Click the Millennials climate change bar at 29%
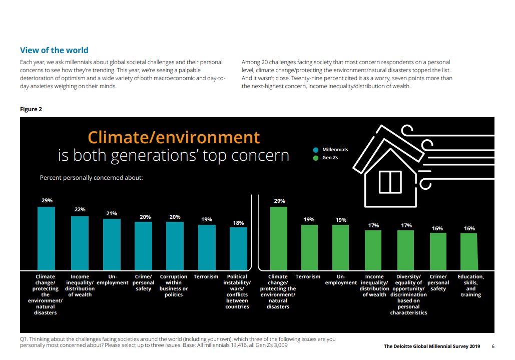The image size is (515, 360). tap(46, 238)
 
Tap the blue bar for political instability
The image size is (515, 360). tap(238, 248)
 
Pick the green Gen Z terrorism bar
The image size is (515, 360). tap(309, 247)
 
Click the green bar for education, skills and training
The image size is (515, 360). tap(469, 251)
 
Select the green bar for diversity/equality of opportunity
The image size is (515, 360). tap(405, 249)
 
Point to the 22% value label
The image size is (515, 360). tap(80, 209)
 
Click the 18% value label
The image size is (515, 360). tap(238, 222)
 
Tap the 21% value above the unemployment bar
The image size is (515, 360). tap(111, 213)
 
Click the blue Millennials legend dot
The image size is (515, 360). tap(315, 150)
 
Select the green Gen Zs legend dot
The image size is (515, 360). tap(315, 158)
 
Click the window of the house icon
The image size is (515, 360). tap(390, 181)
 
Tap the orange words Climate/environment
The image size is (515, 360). tap(174, 137)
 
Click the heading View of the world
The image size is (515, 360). tap(54, 50)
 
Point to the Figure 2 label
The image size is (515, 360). tap(31, 109)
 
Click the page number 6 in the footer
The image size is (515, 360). tap(493, 346)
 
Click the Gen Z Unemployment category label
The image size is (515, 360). tap(341, 279)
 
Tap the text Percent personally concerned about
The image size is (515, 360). tap(91, 177)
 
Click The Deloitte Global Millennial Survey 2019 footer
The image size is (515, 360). tap(431, 346)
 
